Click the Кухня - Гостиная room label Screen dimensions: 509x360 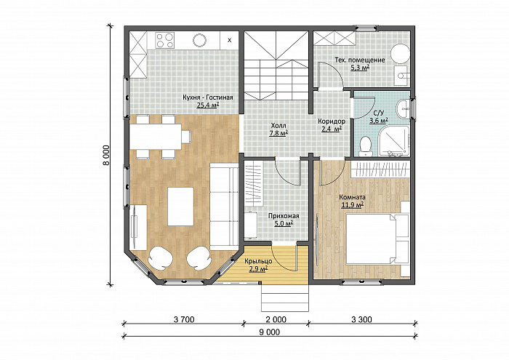(x=207, y=97)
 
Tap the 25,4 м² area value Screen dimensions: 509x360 (x=207, y=105)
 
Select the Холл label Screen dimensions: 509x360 (x=278, y=125)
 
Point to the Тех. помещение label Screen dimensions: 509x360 (x=360, y=60)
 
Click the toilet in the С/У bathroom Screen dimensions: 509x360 (x=366, y=145)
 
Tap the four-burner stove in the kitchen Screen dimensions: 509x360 (x=165, y=40)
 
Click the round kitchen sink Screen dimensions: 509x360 (x=199, y=40)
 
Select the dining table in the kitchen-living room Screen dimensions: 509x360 (x=156, y=137)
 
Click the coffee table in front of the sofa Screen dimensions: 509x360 (x=180, y=207)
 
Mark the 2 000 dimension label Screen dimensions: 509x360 (x=276, y=320)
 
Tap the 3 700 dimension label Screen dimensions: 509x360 (x=184, y=320)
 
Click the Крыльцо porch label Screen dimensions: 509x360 (x=258, y=261)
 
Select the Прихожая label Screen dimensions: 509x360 (x=284, y=216)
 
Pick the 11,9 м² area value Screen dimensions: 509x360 (x=352, y=205)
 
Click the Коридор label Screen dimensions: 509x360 (x=332, y=121)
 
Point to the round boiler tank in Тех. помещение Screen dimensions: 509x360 (x=400, y=54)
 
